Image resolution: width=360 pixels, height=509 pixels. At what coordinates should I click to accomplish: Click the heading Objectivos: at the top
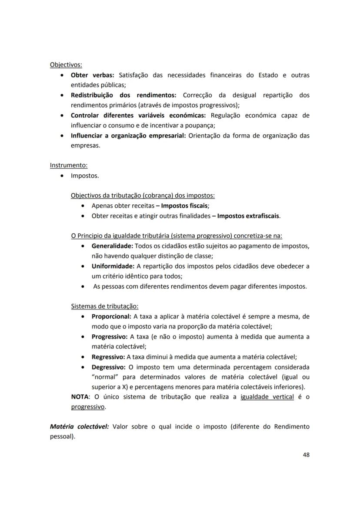(x=66, y=65)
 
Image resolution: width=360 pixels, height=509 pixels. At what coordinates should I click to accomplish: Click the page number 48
(x=306, y=455)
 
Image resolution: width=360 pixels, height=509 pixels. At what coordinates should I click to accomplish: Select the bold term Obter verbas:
(x=92, y=75)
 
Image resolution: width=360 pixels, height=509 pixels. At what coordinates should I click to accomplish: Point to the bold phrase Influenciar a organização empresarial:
(x=128, y=135)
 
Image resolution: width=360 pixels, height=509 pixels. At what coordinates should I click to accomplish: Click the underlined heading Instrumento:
(x=69, y=165)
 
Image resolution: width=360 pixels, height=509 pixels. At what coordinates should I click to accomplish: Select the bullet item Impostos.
(x=85, y=176)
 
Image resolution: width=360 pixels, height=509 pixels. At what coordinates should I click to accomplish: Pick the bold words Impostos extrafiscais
(x=248, y=216)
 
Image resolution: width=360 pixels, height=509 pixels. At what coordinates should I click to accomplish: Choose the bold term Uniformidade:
(x=113, y=266)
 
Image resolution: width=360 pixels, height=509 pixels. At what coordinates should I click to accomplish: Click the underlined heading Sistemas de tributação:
(x=105, y=306)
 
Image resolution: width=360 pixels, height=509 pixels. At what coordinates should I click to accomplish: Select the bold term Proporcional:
(x=111, y=316)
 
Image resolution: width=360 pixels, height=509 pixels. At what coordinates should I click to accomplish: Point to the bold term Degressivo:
(x=108, y=367)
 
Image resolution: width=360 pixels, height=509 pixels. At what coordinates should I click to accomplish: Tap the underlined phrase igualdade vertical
(x=267, y=397)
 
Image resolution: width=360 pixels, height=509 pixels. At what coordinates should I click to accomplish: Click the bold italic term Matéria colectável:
(x=80, y=427)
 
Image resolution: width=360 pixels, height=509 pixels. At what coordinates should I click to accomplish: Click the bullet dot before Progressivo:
(x=83, y=337)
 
